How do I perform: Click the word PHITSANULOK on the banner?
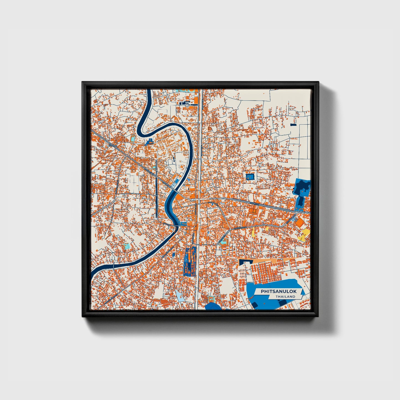pyautogui.click(x=278, y=291)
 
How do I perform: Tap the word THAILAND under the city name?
pyautogui.click(x=285, y=296)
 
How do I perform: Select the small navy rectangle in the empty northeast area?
pyautogui.click(x=293, y=125)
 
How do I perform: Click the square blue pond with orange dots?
pyautogui.click(x=250, y=176)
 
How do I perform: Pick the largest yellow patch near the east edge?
pyautogui.click(x=304, y=234)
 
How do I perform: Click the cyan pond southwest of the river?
pyautogui.click(x=127, y=246)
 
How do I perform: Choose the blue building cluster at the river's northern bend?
pyautogui.click(x=150, y=141)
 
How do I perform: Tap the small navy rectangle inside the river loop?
pyautogui.click(x=174, y=159)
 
